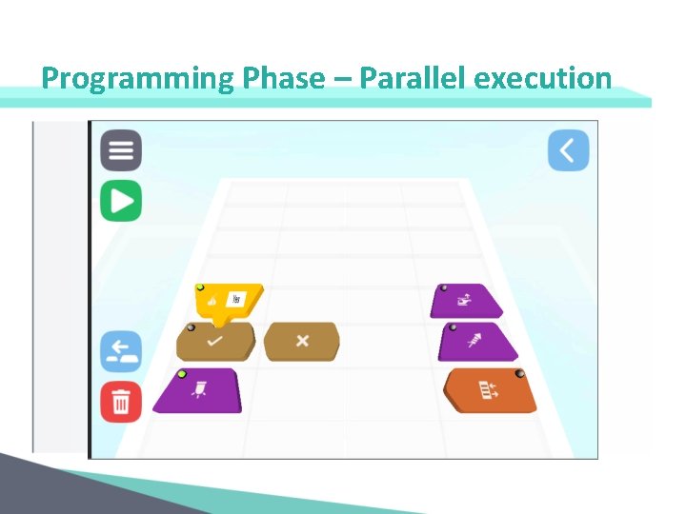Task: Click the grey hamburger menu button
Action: pyautogui.click(x=121, y=150)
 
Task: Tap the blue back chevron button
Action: pyautogui.click(x=568, y=150)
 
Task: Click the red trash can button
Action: pyautogui.click(x=121, y=402)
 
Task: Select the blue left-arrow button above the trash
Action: pyautogui.click(x=121, y=351)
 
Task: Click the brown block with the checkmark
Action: pyautogui.click(x=215, y=341)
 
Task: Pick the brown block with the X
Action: pyautogui.click(x=301, y=341)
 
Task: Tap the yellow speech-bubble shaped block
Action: pyautogui.click(x=227, y=301)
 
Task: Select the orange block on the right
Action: pyautogui.click(x=490, y=390)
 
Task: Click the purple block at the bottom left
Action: pyautogui.click(x=199, y=390)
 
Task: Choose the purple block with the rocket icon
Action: pyautogui.click(x=477, y=341)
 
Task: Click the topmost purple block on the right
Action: pyautogui.click(x=466, y=301)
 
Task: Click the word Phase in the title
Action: pyautogui.click(x=284, y=78)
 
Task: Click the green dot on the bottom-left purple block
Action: pyautogui.click(x=182, y=374)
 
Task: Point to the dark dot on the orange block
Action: pyautogui.click(x=519, y=375)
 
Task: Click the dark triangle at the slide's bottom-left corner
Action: pyautogui.click(x=29, y=490)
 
